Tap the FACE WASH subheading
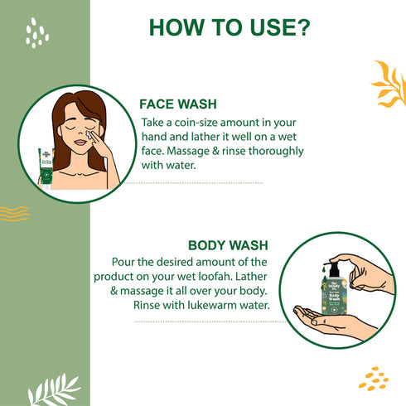click(x=178, y=106)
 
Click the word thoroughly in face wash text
click(x=272, y=152)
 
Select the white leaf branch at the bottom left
click(x=54, y=388)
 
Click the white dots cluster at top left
click(x=35, y=33)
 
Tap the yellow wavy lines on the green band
click(x=12, y=213)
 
